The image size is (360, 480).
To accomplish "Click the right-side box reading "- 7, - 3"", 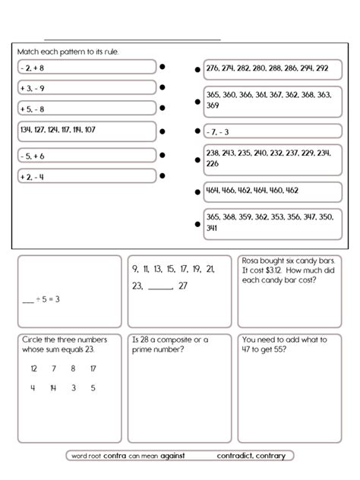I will [x=270, y=131].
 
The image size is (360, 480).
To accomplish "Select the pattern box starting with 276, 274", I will [x=270, y=68].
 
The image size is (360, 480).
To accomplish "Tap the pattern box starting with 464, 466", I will [x=270, y=191].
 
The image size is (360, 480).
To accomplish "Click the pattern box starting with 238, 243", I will [x=270, y=158].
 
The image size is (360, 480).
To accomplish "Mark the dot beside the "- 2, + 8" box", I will [x=163, y=68].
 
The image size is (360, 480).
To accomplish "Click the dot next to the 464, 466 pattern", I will [x=197, y=191].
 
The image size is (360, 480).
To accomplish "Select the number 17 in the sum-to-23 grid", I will [x=93, y=368].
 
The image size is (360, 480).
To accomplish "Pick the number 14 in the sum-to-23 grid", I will [x=52, y=388].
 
